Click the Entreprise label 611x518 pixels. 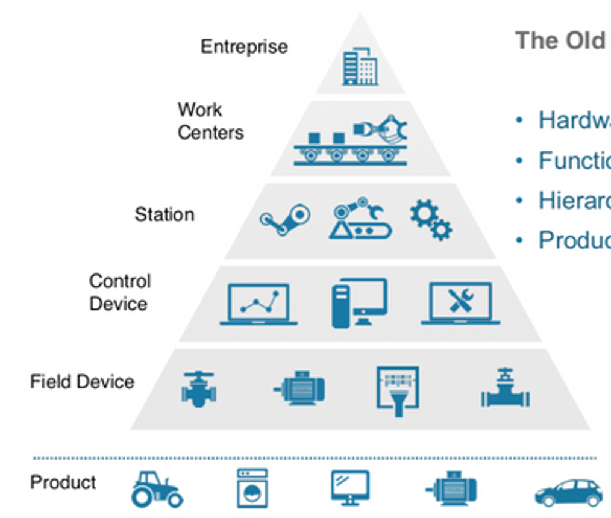pos(244,47)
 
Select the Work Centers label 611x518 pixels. pos(210,121)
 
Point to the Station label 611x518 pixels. pos(164,214)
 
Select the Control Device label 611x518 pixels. pos(120,292)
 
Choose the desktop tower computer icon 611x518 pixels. pos(359,303)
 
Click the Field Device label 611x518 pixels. pos(82,382)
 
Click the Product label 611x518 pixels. pos(63,482)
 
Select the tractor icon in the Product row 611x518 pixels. pos(157,488)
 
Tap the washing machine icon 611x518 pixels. pos(252,488)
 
